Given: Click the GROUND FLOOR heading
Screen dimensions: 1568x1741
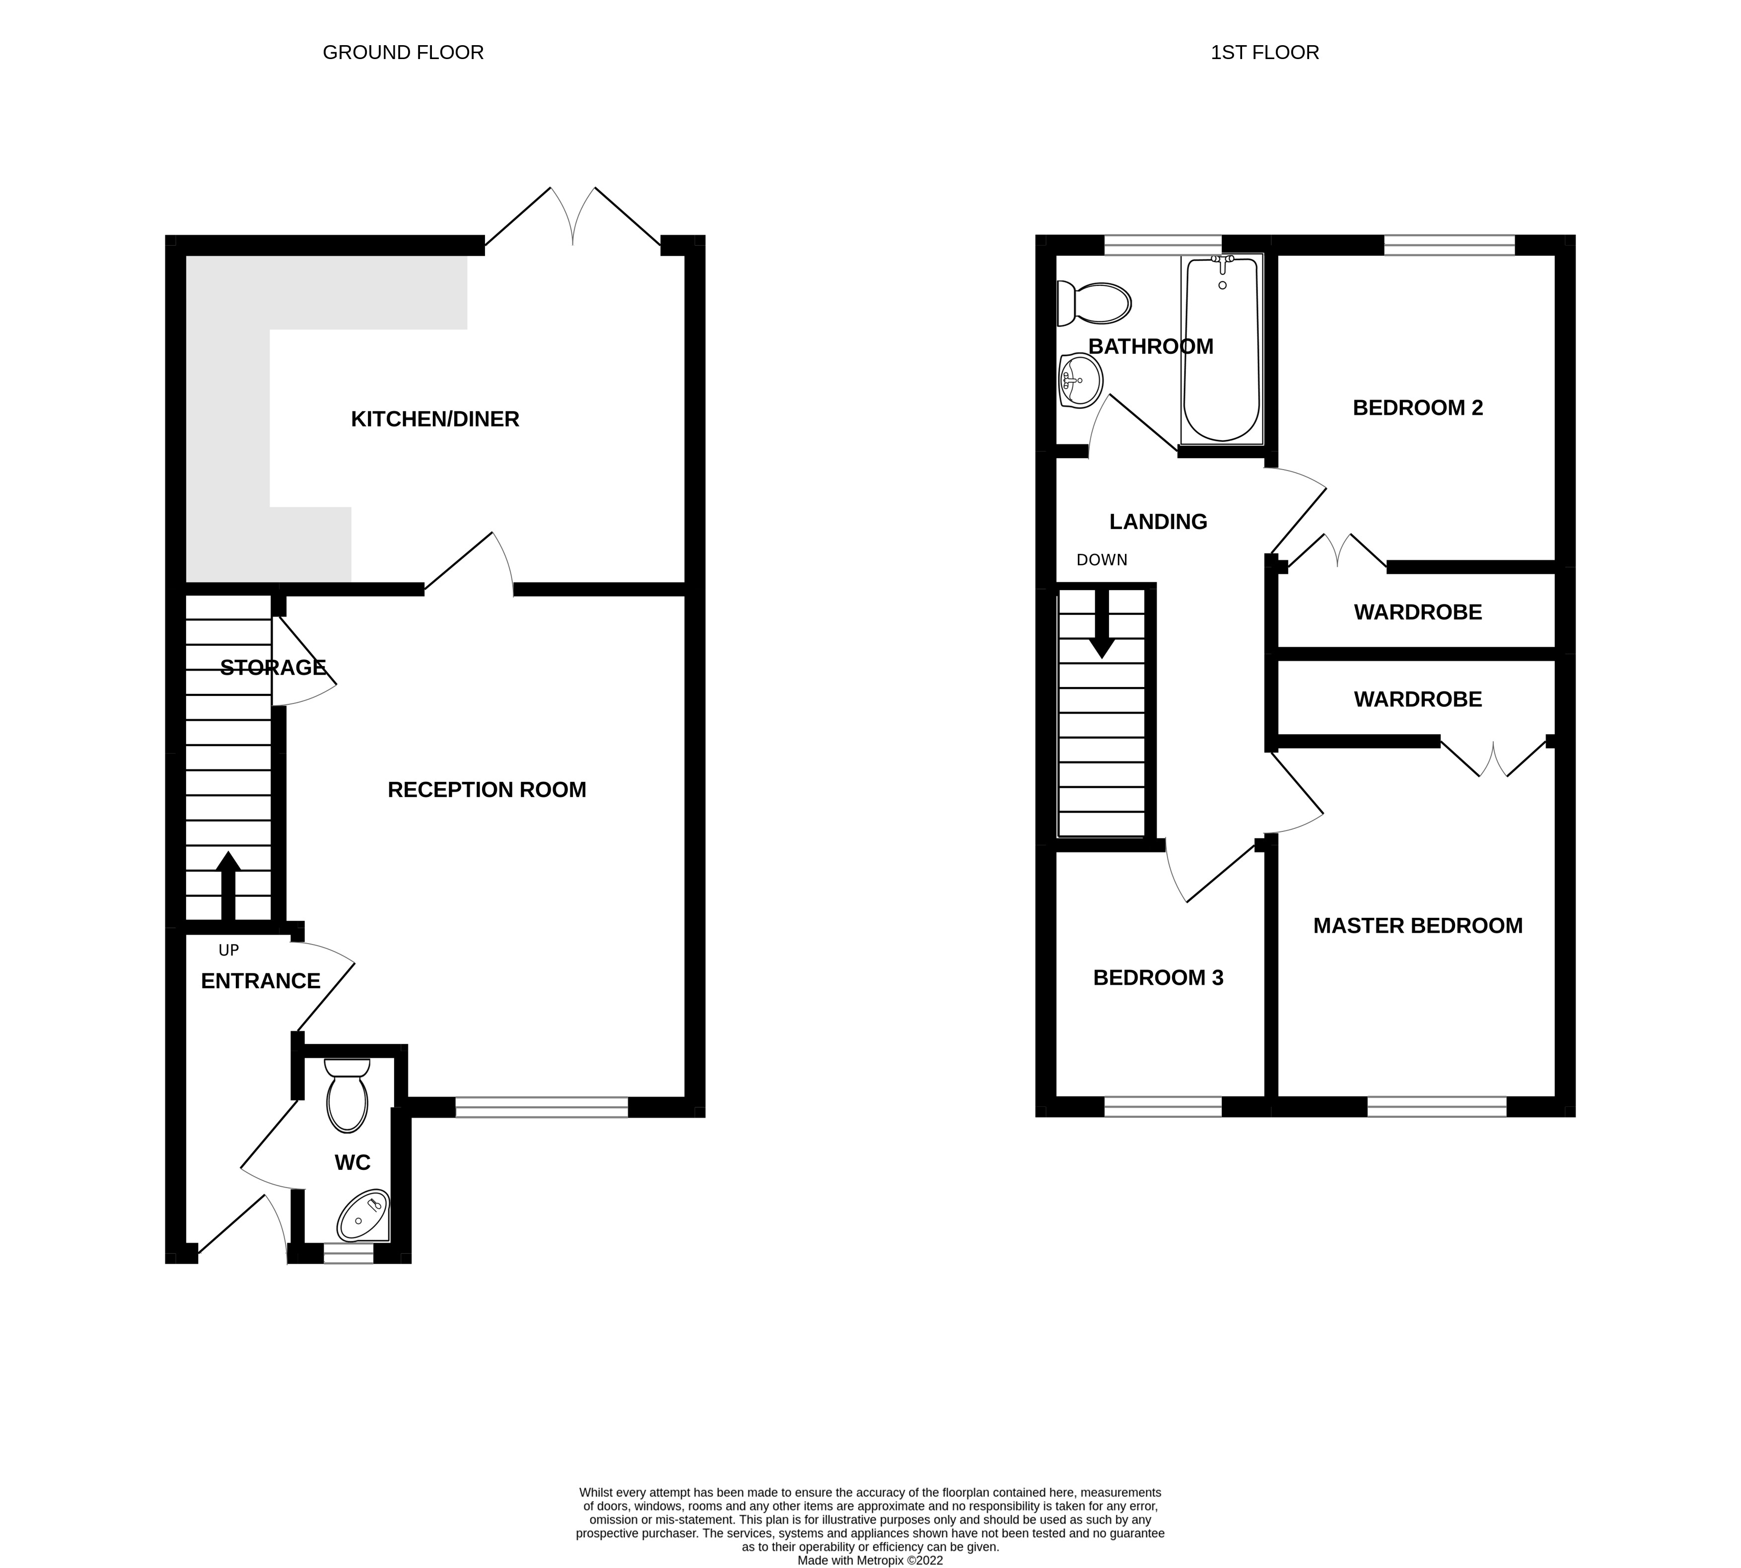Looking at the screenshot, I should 403,53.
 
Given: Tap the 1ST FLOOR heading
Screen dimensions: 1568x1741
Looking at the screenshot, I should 1264,53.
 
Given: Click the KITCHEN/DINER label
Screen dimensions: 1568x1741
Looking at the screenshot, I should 434,419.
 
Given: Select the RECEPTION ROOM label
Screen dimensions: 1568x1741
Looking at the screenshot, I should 487,790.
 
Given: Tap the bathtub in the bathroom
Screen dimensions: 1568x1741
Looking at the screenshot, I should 1222,349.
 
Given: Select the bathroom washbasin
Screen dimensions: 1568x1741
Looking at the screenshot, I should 1080,381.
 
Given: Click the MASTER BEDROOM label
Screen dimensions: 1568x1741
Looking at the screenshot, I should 1417,926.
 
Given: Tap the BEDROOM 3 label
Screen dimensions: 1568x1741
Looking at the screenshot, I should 1158,978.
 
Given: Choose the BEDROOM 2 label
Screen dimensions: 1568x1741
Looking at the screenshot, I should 1417,409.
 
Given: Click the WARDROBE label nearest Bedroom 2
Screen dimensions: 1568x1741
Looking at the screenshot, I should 1417,613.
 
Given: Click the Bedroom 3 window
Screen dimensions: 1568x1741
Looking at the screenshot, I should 1162,1107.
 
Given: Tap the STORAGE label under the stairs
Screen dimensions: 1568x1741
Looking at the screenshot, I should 273,668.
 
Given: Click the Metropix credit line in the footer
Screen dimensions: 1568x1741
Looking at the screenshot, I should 870,1560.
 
